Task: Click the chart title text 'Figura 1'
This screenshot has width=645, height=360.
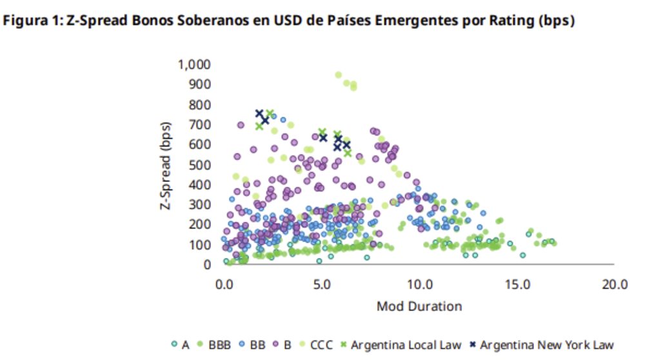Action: (x=32, y=21)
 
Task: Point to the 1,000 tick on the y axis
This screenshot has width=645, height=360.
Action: (x=194, y=65)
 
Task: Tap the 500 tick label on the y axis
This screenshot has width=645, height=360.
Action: (x=201, y=165)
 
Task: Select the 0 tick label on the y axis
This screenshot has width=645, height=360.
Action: (x=208, y=265)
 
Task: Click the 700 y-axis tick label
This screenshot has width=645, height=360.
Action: (x=201, y=125)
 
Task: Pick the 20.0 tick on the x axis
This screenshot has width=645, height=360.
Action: (x=614, y=285)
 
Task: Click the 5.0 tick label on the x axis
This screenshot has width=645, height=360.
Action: (x=322, y=285)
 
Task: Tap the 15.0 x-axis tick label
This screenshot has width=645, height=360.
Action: (x=517, y=285)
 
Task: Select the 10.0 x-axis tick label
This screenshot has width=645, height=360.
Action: (x=419, y=285)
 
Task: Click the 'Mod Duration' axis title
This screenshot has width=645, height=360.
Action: (x=419, y=306)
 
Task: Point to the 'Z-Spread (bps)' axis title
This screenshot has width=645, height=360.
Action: (x=166, y=165)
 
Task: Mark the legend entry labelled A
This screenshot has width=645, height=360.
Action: (x=181, y=345)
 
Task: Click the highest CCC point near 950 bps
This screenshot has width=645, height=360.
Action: (x=339, y=75)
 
